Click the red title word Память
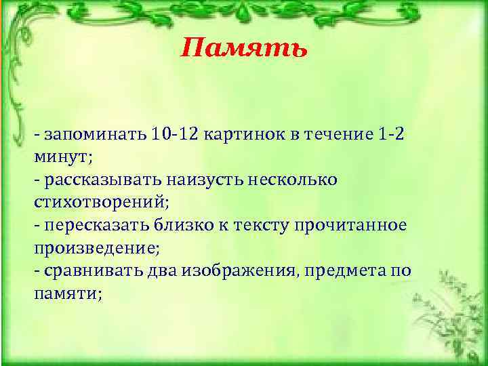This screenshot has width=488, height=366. [x=245, y=48]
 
